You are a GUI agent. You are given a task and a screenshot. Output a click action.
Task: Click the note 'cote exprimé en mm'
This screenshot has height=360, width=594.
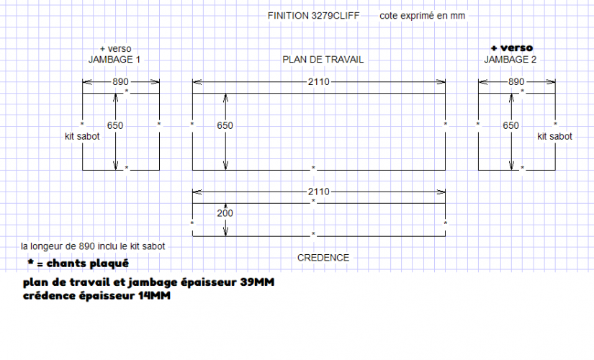423,16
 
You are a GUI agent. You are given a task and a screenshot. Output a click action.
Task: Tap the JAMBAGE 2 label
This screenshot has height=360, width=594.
510,60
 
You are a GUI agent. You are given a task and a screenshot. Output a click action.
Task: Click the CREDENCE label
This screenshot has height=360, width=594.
323,257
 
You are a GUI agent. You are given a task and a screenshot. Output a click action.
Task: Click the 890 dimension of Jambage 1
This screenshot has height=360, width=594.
120,82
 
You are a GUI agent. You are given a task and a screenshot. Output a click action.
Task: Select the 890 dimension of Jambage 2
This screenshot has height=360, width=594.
516,82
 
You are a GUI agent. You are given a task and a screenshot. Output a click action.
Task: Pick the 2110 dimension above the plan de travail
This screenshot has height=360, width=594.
318,82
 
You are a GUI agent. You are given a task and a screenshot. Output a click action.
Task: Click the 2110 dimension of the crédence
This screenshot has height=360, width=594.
318,192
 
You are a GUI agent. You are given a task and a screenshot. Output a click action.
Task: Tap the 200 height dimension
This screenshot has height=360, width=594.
225,214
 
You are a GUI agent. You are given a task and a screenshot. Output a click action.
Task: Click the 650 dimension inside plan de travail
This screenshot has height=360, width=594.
225,125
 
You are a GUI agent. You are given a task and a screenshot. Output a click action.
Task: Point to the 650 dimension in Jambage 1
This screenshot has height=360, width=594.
115,125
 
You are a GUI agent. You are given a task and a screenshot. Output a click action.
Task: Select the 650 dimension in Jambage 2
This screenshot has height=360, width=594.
511,125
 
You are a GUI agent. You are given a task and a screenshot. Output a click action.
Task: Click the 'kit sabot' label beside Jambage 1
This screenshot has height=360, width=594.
82,136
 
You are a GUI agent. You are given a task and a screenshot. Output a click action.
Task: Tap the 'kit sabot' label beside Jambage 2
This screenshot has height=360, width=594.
554,136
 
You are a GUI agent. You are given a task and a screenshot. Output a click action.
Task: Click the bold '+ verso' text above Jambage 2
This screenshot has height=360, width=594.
511,48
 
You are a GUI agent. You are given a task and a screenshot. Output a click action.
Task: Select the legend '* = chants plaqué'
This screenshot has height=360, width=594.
78,263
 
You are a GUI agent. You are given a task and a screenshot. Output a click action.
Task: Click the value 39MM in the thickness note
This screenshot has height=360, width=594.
257,282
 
